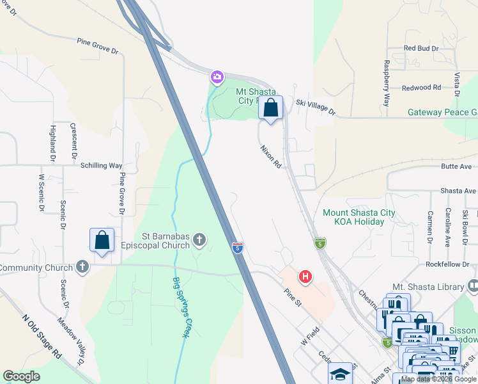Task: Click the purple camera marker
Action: [x=217, y=77]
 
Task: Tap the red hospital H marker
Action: [x=306, y=276]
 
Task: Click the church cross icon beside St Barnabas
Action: [x=199, y=240]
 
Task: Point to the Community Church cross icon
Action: [x=82, y=267]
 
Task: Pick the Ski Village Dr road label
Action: [x=316, y=108]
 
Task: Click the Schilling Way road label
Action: [x=101, y=165]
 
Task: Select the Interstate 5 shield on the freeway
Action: [x=237, y=246]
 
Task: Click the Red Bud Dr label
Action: [x=421, y=48]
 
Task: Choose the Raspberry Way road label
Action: [x=387, y=83]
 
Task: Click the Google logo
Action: [x=21, y=376]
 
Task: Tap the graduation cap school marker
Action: [x=341, y=373]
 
